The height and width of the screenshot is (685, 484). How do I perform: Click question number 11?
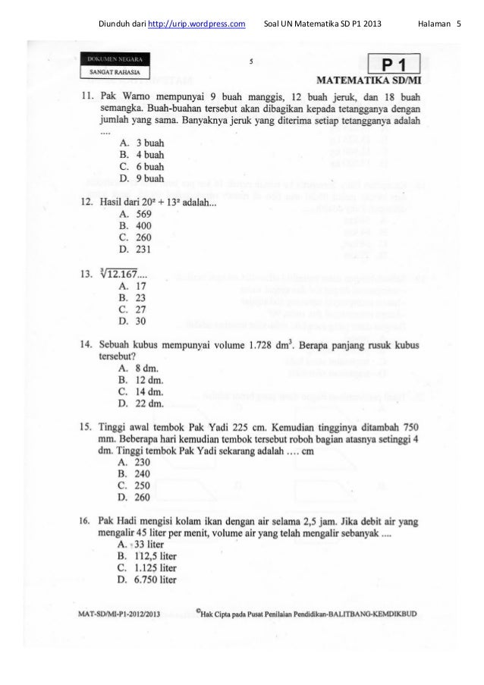88,98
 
